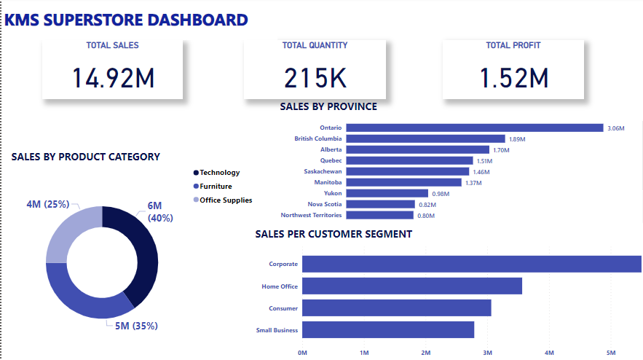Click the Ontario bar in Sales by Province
(x=474, y=128)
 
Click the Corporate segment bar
(x=471, y=264)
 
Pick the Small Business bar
(x=388, y=330)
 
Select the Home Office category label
(x=280, y=286)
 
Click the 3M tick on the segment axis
(x=488, y=353)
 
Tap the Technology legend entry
(x=219, y=173)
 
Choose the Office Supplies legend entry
(x=226, y=200)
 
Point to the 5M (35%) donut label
(x=136, y=326)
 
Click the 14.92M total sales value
(x=114, y=78)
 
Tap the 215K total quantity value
(x=315, y=78)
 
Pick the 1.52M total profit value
(x=514, y=78)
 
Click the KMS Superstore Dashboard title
(x=126, y=20)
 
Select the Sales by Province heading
(x=328, y=106)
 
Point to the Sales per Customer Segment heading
(x=334, y=234)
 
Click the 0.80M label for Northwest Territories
(x=426, y=216)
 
